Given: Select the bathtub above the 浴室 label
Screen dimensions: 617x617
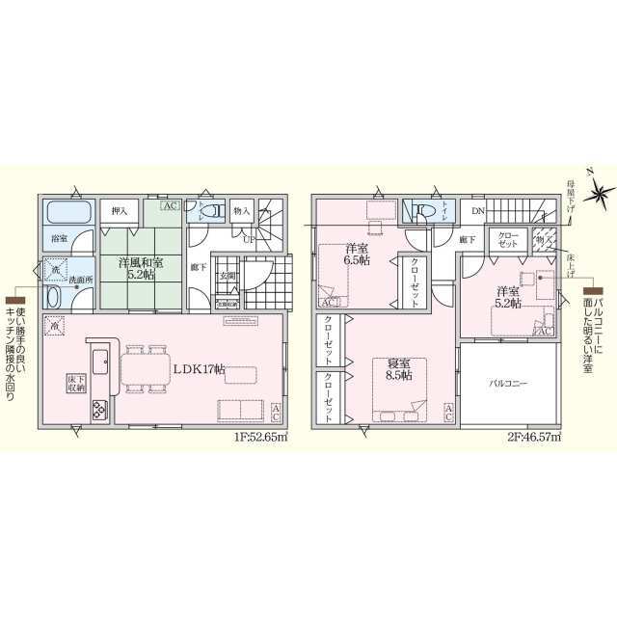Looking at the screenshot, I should (67, 211).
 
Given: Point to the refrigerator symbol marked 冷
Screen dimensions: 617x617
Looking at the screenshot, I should (57, 329).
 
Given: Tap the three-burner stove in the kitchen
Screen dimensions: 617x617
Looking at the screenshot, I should (99, 412).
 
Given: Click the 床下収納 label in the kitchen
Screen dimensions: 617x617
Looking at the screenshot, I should (75, 385).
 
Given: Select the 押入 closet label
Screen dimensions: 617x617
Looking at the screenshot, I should (120, 211).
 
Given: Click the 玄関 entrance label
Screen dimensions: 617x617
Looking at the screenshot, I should (228, 277).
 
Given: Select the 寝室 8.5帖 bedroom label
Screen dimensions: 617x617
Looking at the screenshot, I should (395, 368).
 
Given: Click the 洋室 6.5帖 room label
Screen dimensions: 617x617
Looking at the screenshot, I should (358, 254).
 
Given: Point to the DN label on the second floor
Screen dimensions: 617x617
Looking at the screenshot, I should (478, 211).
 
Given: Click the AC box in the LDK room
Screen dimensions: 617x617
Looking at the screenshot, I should (276, 414).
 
